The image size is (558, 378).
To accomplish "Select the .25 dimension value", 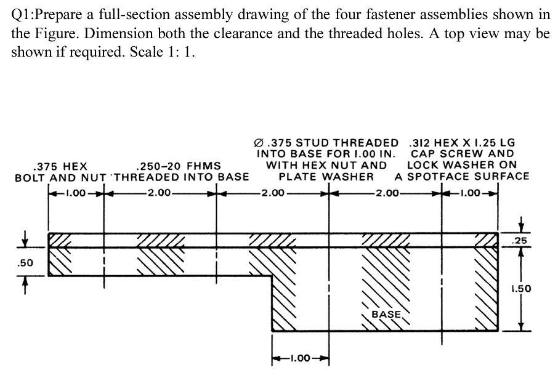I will coord(520,240).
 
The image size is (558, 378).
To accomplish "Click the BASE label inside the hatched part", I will coord(386,314).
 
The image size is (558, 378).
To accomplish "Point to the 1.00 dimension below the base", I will coord(301,358).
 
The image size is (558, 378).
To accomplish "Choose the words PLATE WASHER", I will coord(326,177).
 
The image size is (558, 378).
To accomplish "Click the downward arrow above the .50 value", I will coord(26,236).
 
